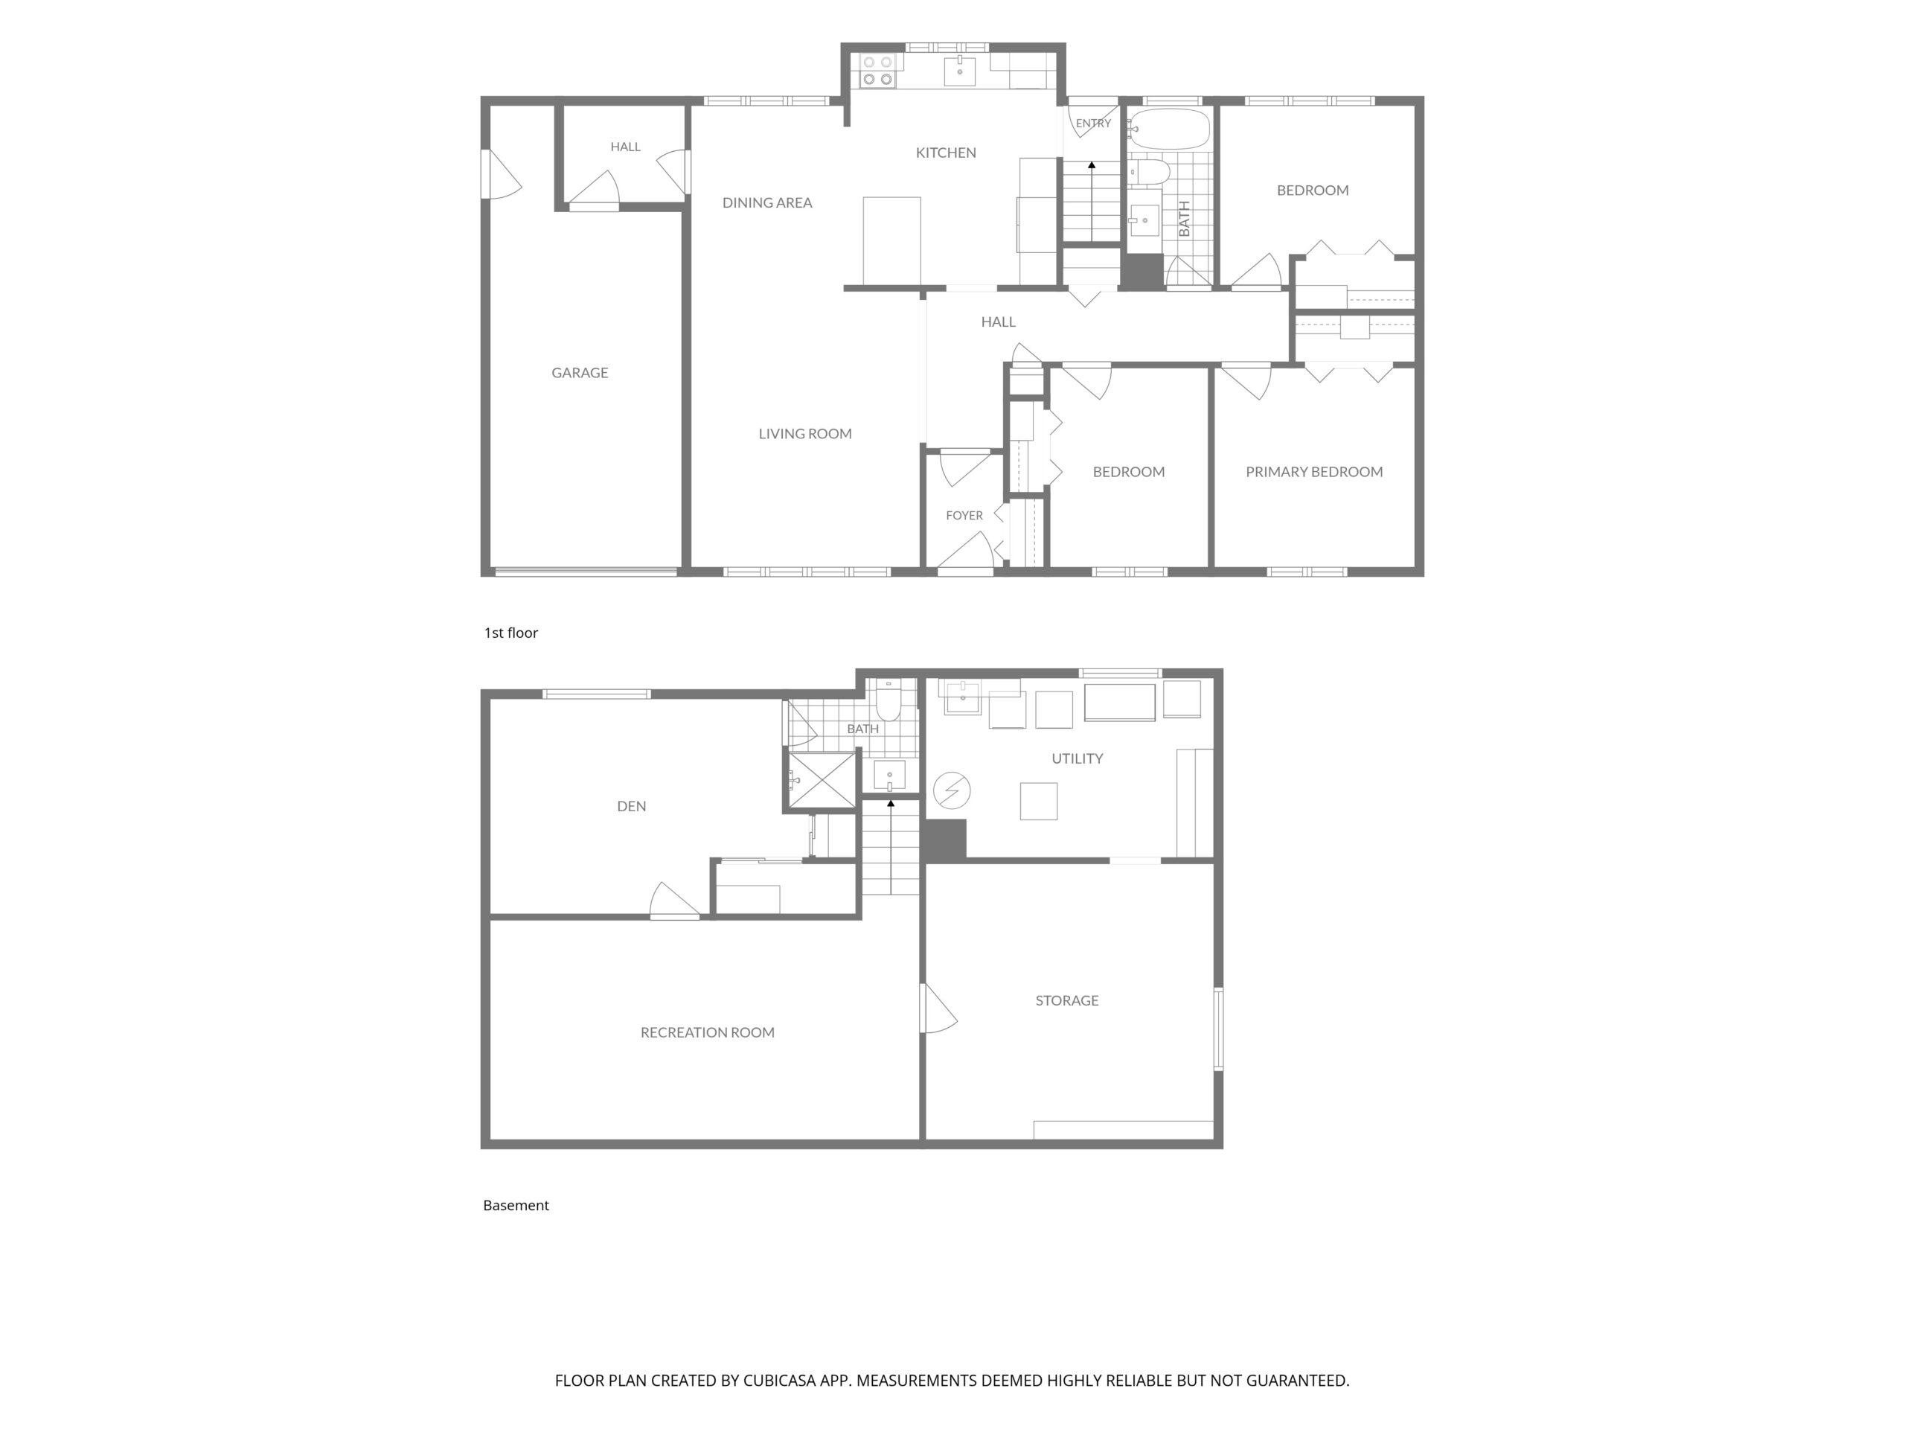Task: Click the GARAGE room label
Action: point(580,373)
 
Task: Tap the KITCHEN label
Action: point(946,153)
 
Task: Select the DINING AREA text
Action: point(767,202)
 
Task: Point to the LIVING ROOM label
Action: point(805,433)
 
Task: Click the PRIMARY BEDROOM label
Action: point(1314,471)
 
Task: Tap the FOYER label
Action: point(964,515)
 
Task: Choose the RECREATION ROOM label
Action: point(707,1032)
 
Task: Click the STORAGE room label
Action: point(1066,1000)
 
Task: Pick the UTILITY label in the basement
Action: point(1077,758)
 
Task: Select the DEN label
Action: point(631,806)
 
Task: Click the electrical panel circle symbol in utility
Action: point(952,790)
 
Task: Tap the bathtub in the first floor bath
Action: point(1168,128)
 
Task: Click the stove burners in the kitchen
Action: point(877,71)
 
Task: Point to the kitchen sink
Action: point(959,71)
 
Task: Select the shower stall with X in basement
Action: point(822,781)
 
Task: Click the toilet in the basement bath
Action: point(889,701)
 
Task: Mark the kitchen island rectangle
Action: point(891,241)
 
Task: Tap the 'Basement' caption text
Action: point(516,1205)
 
